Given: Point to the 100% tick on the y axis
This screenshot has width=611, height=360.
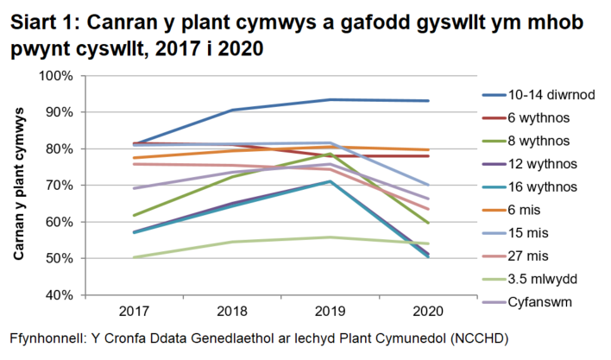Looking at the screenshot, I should coord(55,76).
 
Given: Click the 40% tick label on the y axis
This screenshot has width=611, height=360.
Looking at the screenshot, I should coord(58,295).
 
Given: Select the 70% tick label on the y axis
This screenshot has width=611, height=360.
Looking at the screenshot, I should coord(58,186).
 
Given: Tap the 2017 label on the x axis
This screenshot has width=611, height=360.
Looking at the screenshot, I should coord(134,310).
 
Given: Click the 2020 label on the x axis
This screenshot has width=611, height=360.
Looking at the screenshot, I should coord(428,310).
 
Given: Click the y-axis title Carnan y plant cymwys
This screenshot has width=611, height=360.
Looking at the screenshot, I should coord(18,186).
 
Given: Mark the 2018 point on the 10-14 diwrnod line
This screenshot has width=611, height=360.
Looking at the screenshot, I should coord(233,110).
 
